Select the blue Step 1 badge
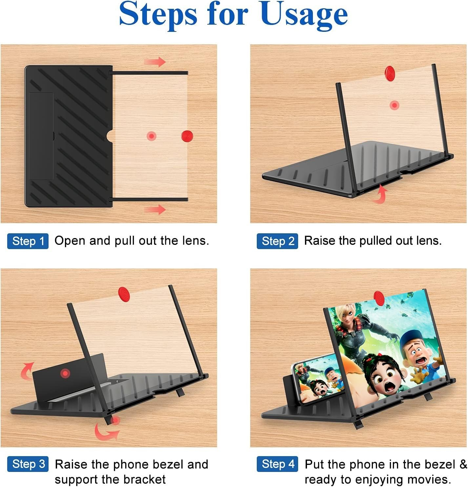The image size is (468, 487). click(x=28, y=241)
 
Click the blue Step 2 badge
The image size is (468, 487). click(x=277, y=241)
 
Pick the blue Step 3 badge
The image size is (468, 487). click(x=28, y=464)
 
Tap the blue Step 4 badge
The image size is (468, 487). click(x=277, y=464)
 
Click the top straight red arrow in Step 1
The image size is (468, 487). click(x=155, y=62)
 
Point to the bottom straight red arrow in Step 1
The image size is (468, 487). click(x=155, y=209)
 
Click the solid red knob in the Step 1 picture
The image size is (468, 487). click(x=187, y=136)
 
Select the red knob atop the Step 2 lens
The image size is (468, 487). click(x=390, y=73)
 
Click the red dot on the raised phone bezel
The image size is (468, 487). click(x=65, y=373)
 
